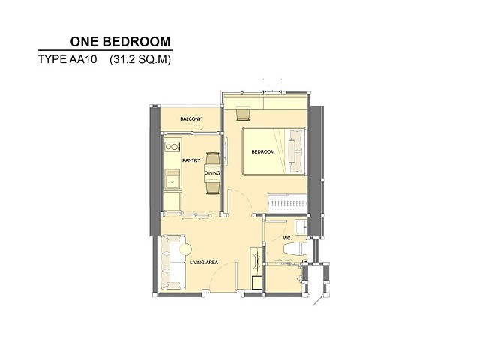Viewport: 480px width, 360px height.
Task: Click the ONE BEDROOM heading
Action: (120, 42)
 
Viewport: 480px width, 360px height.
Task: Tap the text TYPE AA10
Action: (67, 59)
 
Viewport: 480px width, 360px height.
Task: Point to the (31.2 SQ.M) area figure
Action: (140, 59)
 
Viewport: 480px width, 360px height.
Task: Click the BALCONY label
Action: (190, 118)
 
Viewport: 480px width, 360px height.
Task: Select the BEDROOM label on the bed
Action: (263, 151)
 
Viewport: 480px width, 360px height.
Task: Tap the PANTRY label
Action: (191, 160)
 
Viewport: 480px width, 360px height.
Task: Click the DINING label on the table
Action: (212, 173)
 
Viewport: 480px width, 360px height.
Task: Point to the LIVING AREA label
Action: (204, 262)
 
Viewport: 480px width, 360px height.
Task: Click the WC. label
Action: (287, 238)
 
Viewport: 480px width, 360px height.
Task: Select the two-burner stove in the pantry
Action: (172, 147)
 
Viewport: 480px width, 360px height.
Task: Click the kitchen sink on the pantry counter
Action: (172, 179)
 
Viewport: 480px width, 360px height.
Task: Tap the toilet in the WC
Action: (295, 248)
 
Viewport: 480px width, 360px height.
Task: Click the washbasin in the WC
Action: (301, 227)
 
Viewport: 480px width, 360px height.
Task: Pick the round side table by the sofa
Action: (185, 250)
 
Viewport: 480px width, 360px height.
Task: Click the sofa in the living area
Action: (173, 262)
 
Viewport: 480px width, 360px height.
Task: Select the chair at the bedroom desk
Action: (243, 113)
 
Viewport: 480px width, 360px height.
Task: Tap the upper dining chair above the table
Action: (212, 158)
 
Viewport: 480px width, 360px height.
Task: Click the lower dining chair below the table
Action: (212, 187)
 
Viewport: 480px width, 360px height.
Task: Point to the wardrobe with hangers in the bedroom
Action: (287, 203)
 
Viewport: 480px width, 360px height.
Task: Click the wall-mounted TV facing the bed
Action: (226, 151)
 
